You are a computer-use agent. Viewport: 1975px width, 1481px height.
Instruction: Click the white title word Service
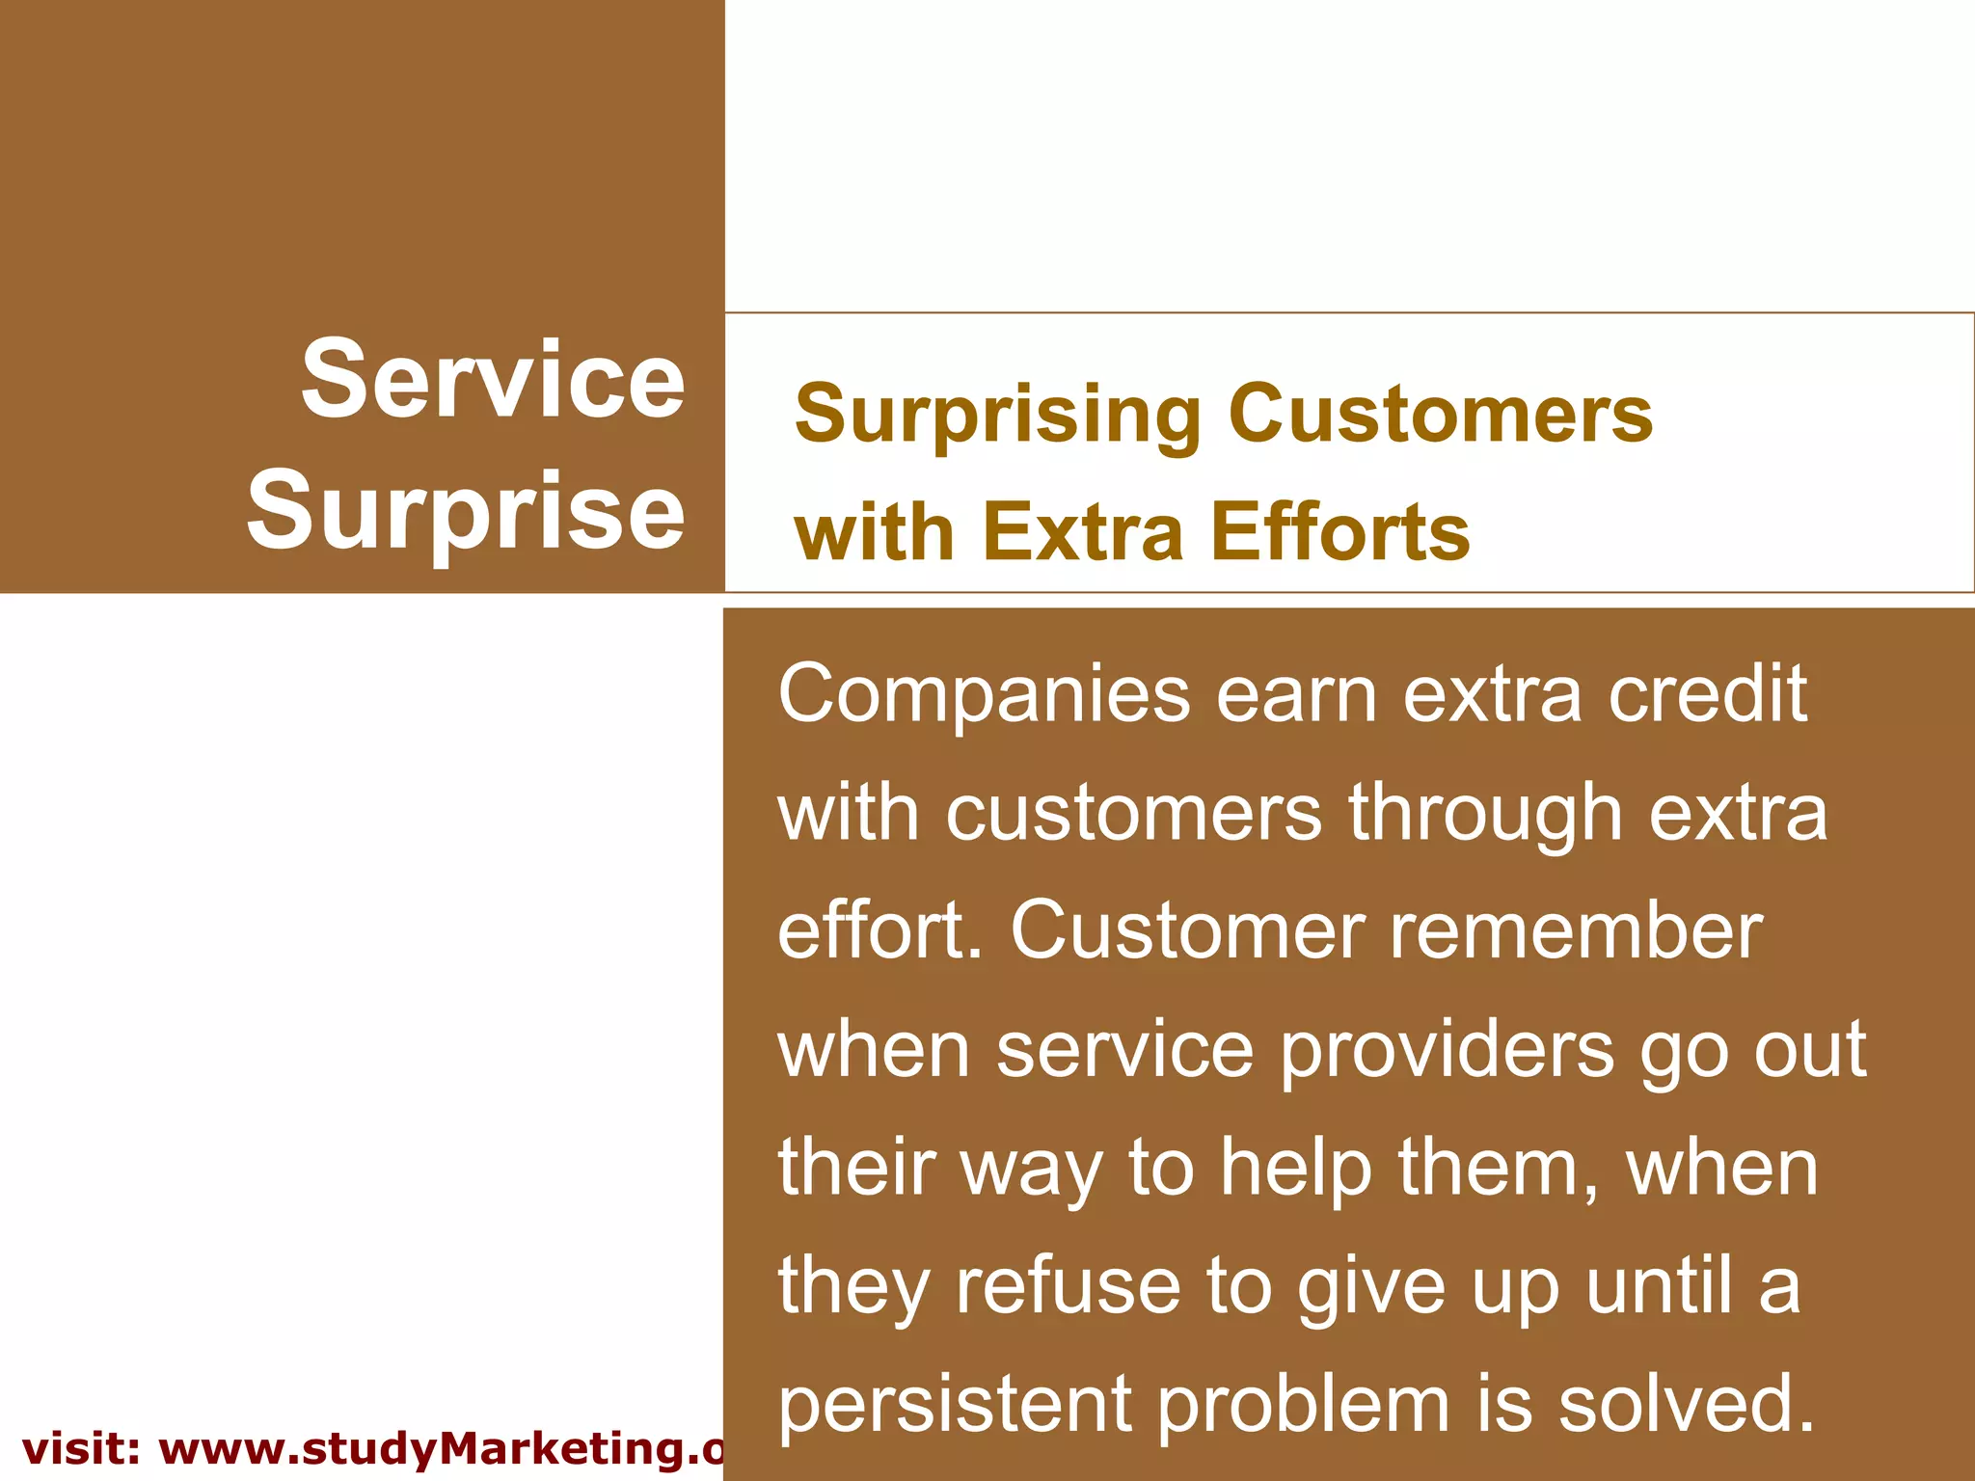point(493,380)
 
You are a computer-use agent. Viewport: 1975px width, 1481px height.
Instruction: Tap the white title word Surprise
point(466,511)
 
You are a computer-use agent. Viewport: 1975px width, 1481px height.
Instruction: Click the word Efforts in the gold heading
point(1340,531)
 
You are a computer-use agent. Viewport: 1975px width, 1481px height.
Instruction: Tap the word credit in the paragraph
point(1706,694)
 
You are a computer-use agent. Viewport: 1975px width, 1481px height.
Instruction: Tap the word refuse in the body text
point(1069,1287)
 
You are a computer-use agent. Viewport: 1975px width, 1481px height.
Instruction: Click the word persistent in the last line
point(954,1405)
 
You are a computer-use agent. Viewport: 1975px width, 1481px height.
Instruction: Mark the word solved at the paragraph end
point(1687,1405)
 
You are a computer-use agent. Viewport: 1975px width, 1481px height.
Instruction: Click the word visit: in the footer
point(81,1449)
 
